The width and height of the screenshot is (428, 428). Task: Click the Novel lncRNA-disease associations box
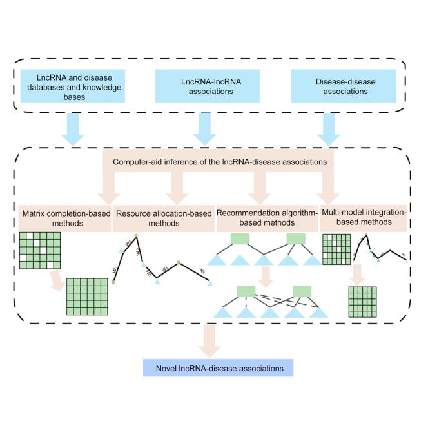click(x=219, y=368)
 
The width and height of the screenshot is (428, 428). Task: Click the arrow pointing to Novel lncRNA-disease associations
click(x=208, y=340)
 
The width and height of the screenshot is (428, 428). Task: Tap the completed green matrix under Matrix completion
click(x=88, y=296)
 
